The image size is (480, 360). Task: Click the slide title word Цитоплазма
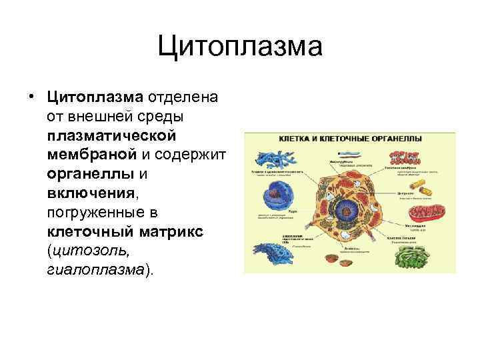coord(240,47)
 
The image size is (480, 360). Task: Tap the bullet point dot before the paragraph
coord(32,98)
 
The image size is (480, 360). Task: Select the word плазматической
coord(111,135)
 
